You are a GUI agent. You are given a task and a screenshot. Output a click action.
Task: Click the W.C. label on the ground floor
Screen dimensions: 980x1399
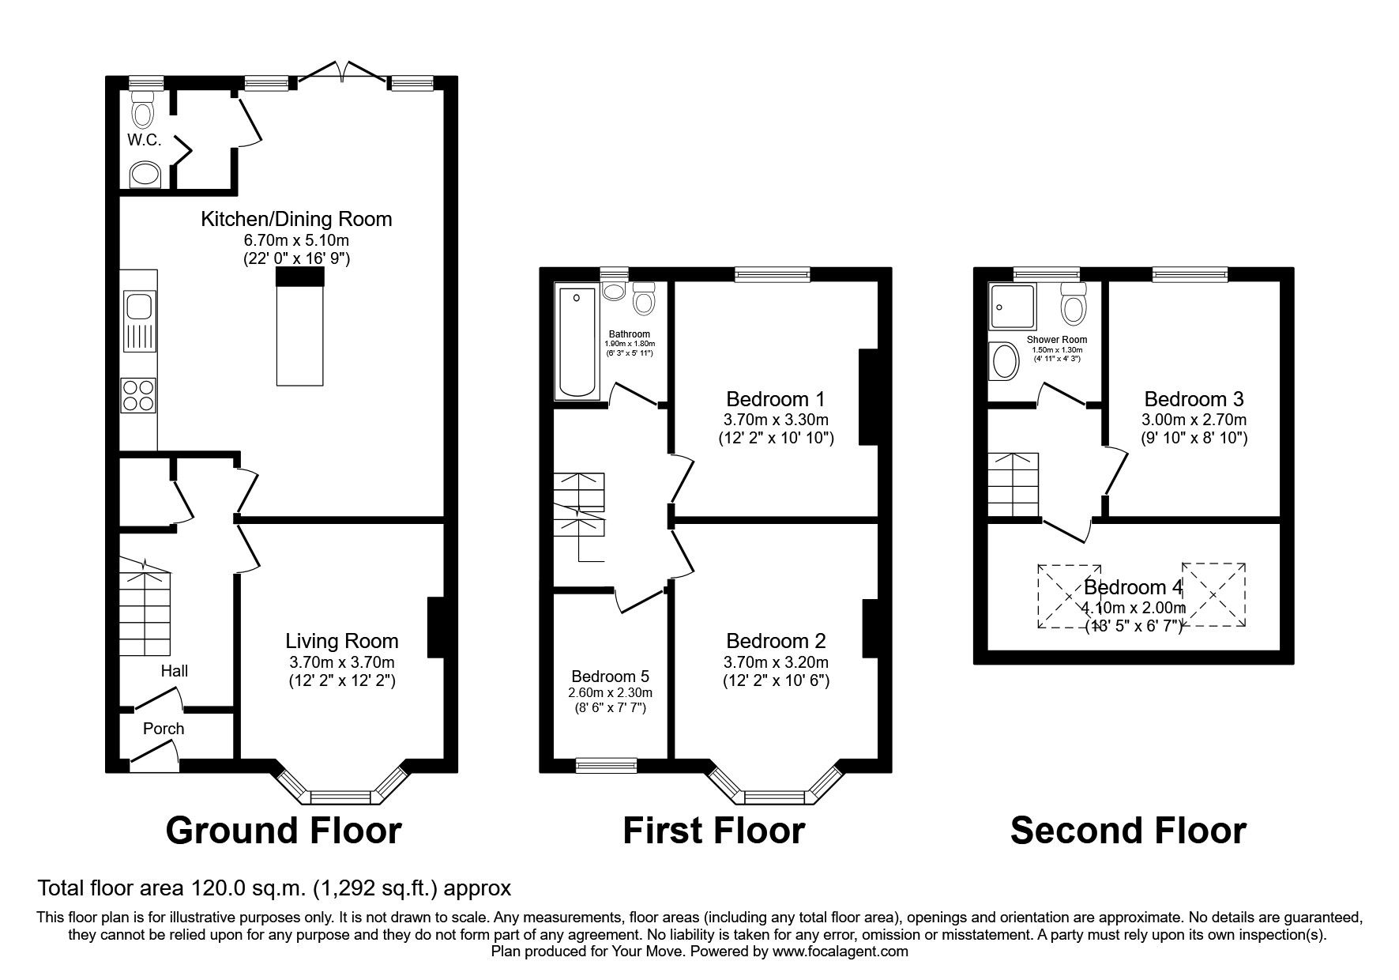click(144, 141)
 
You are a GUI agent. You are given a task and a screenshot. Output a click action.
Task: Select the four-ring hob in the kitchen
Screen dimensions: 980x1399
click(139, 395)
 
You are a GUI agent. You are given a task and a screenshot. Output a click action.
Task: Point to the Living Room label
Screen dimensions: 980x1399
click(341, 641)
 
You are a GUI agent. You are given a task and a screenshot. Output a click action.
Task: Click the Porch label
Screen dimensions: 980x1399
click(164, 729)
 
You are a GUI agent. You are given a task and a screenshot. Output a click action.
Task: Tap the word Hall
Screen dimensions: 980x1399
click(175, 671)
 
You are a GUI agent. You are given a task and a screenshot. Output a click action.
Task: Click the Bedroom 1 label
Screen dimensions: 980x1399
click(776, 398)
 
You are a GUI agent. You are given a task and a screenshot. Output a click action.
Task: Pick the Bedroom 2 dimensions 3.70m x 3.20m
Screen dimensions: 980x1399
click(776, 661)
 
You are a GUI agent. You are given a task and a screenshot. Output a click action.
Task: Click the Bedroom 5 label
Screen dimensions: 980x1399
click(610, 677)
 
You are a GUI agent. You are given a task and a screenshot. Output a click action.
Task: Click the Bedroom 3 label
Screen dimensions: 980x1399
click(1194, 398)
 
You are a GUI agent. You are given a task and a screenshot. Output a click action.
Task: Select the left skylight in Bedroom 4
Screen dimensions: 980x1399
click(1069, 597)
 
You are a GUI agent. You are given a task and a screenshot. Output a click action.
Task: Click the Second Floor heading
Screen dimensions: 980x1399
click(1128, 831)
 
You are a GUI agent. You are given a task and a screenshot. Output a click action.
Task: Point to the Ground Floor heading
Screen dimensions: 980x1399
click(284, 831)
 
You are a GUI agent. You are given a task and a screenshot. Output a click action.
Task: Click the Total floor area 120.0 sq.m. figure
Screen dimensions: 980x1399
click(274, 888)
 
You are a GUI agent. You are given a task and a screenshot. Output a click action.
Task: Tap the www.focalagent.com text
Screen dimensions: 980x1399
click(840, 952)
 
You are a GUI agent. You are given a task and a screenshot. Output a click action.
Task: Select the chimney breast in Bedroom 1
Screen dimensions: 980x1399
click(868, 398)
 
